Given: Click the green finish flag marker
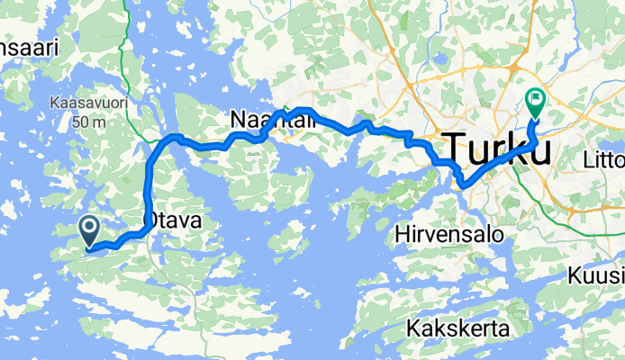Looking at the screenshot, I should pos(534,103).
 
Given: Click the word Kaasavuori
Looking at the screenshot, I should pos(88,103).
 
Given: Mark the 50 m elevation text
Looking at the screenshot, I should pos(88,121).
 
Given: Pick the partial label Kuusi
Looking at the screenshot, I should pos(597,275).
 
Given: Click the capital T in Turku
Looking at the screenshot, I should pos(453,148).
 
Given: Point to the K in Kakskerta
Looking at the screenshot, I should pos(412,327).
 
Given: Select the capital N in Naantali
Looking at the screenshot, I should pos(239,120).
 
